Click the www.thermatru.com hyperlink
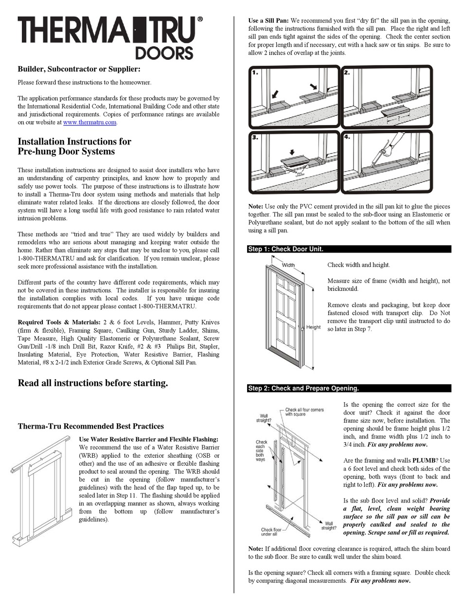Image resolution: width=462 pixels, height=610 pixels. tap(89, 123)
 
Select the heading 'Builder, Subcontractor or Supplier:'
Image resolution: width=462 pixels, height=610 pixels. tap(79, 70)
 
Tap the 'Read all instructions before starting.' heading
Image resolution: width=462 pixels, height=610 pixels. tap(93, 383)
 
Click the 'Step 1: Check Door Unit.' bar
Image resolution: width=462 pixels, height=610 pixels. tap(285, 249)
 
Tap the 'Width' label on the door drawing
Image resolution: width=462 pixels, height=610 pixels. tap(288, 265)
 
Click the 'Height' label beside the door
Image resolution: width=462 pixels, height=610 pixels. tap(313, 327)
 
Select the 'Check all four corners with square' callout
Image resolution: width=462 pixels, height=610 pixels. tap(304, 412)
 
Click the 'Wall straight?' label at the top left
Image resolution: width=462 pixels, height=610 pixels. tap(265, 419)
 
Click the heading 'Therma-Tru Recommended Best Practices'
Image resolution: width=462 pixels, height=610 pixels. tap(90, 427)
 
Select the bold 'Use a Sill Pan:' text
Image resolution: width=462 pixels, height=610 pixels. tap(268, 21)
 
